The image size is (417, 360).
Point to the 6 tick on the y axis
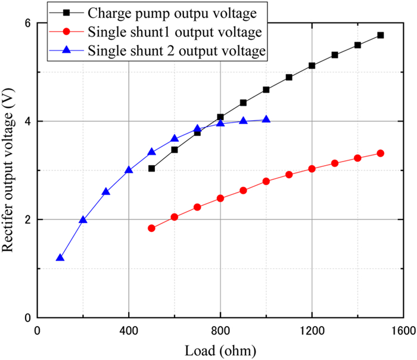(27, 23)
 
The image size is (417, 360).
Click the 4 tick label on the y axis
(27, 121)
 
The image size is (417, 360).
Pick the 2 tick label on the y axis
(27, 219)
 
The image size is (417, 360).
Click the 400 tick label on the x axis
(129, 331)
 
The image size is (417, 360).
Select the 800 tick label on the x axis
(220, 331)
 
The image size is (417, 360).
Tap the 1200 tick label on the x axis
(312, 331)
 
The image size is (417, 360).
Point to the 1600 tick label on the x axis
(403, 331)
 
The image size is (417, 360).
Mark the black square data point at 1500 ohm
(381, 35)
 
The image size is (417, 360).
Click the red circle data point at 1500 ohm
(381, 153)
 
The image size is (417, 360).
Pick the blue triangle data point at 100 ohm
(60, 258)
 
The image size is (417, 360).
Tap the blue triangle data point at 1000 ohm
(266, 120)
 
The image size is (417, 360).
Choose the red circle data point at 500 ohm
(151, 228)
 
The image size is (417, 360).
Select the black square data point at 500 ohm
(151, 169)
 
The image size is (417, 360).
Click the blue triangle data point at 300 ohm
(106, 192)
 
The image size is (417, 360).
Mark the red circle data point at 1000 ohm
(266, 181)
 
